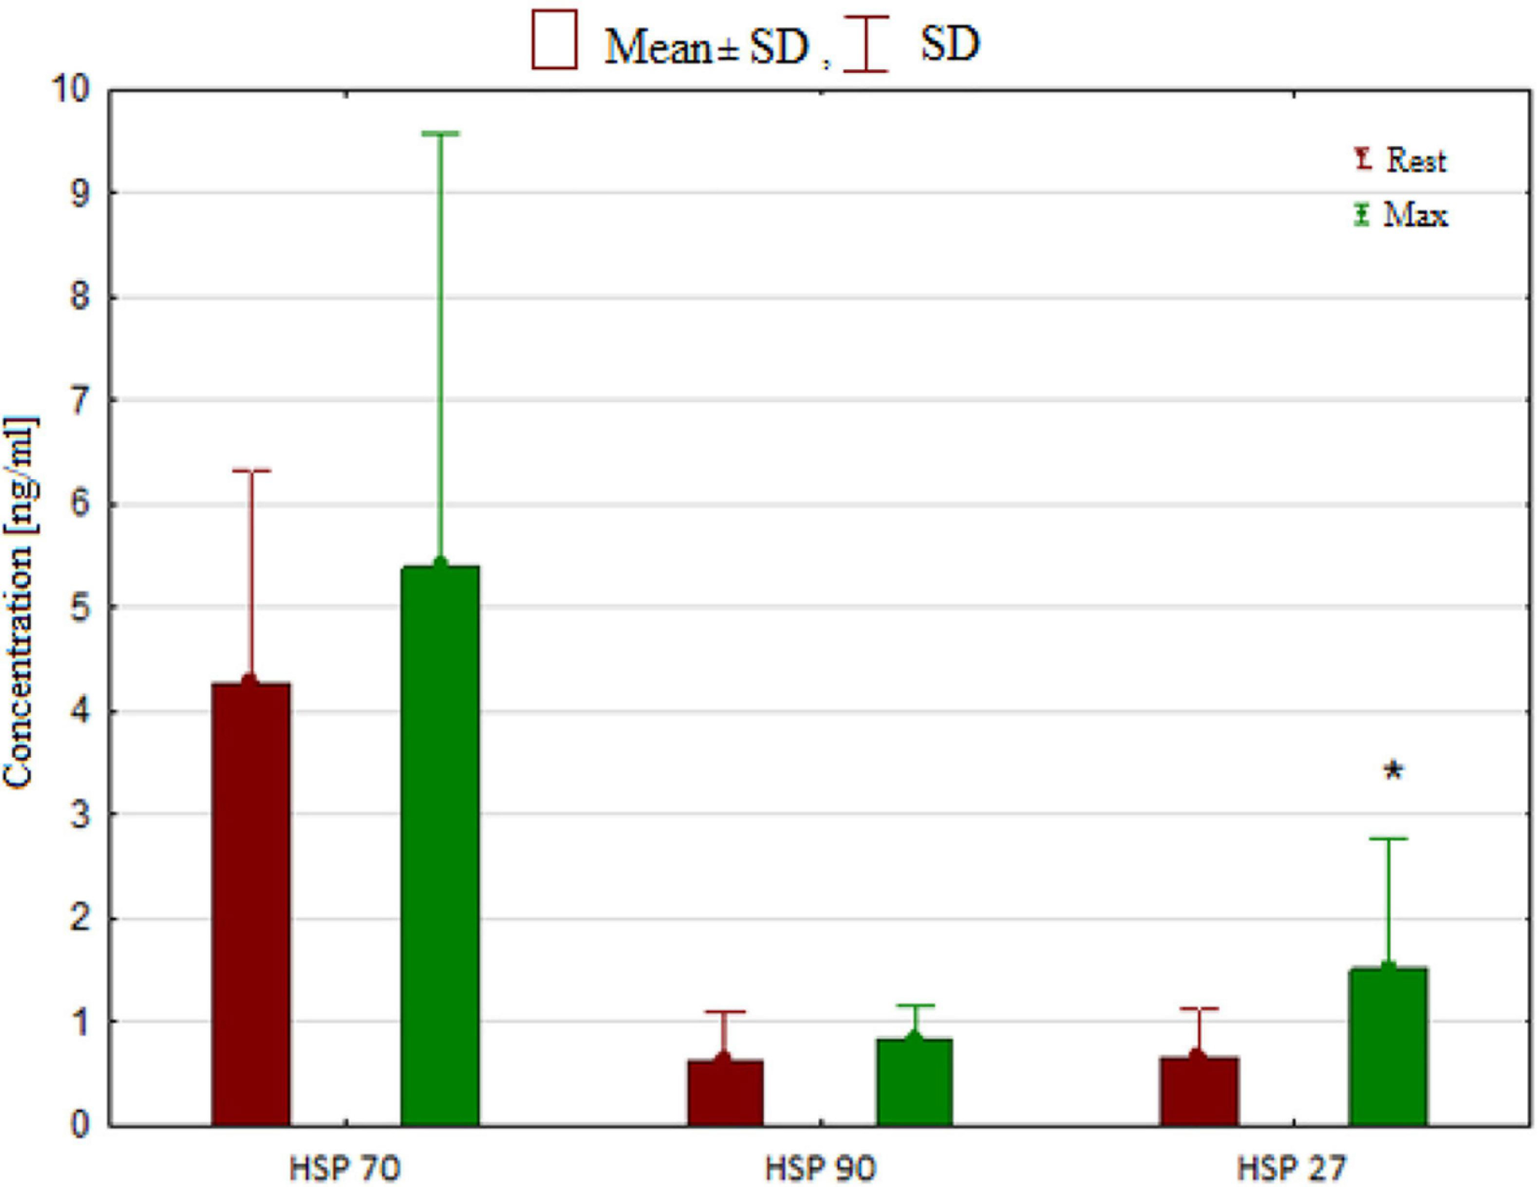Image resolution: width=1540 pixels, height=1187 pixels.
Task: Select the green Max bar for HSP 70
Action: pyautogui.click(x=440, y=845)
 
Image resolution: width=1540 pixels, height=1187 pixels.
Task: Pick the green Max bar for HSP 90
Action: pyautogui.click(x=915, y=1082)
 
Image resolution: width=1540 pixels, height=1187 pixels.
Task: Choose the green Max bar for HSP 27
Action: pyautogui.click(x=1388, y=1046)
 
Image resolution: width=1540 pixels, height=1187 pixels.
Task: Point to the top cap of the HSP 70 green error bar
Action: pyautogui.click(x=440, y=133)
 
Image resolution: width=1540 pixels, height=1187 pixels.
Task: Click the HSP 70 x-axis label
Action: pyautogui.click(x=345, y=1169)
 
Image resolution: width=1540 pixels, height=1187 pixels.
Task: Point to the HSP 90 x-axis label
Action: pyautogui.click(x=820, y=1169)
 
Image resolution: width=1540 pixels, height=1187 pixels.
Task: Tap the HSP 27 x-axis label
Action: pyautogui.click(x=1292, y=1169)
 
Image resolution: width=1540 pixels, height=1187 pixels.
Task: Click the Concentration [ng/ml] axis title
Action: pyautogui.click(x=19, y=603)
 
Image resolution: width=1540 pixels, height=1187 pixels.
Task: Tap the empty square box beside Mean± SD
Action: pyautogui.click(x=554, y=39)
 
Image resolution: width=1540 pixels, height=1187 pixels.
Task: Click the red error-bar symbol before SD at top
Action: pyautogui.click(x=865, y=44)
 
